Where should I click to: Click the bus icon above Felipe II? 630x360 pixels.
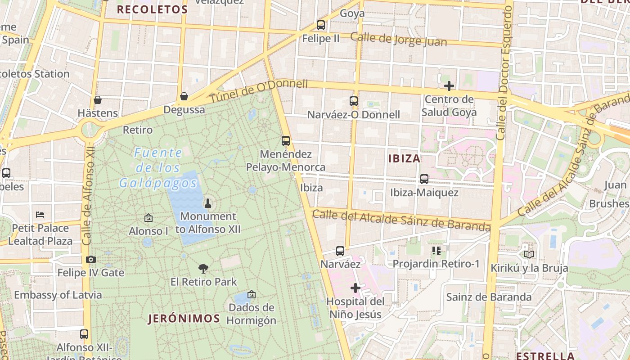[x=321, y=25]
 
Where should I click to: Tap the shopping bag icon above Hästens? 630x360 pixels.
[x=97, y=100]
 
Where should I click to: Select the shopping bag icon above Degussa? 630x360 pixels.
[x=184, y=96]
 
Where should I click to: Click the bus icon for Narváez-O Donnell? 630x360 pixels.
[x=354, y=101]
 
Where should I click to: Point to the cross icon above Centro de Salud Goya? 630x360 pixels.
[x=449, y=86]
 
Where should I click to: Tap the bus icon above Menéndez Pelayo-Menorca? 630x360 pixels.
[x=286, y=141]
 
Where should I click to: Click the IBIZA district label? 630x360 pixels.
[x=404, y=158]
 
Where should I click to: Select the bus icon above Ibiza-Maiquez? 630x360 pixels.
[x=424, y=179]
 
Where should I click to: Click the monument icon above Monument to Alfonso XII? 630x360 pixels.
[x=208, y=203]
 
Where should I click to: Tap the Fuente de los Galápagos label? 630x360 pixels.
[x=158, y=168]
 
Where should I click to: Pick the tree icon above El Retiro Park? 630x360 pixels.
[x=203, y=269]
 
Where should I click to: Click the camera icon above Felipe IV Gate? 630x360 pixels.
[x=90, y=260]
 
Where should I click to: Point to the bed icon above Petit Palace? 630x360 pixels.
[x=40, y=215]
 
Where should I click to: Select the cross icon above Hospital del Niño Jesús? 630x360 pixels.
[x=355, y=288]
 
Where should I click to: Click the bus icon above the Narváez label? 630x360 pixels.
[x=340, y=251]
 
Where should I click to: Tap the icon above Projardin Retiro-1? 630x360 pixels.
[x=436, y=250]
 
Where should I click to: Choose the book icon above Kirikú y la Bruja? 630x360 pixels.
[x=529, y=255]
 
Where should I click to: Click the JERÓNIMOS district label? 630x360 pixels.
[x=184, y=319]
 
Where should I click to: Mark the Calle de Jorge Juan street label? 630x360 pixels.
[x=399, y=40]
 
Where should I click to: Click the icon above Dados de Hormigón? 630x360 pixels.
[x=252, y=294]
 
